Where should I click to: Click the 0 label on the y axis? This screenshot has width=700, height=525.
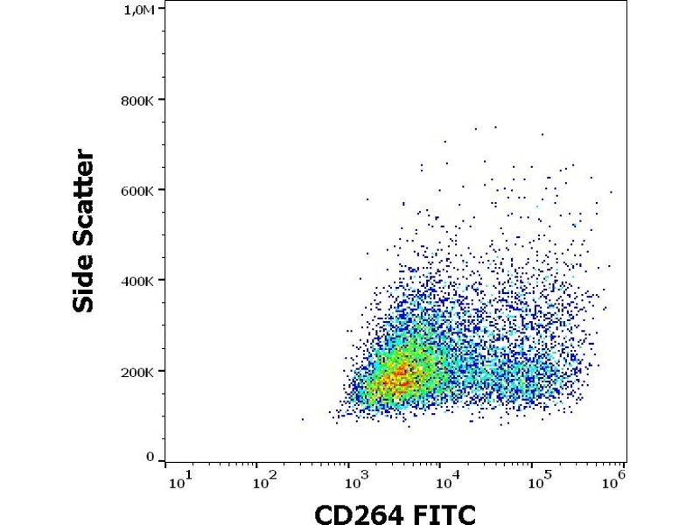click(x=151, y=458)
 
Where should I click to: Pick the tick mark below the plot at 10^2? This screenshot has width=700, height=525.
click(x=257, y=465)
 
